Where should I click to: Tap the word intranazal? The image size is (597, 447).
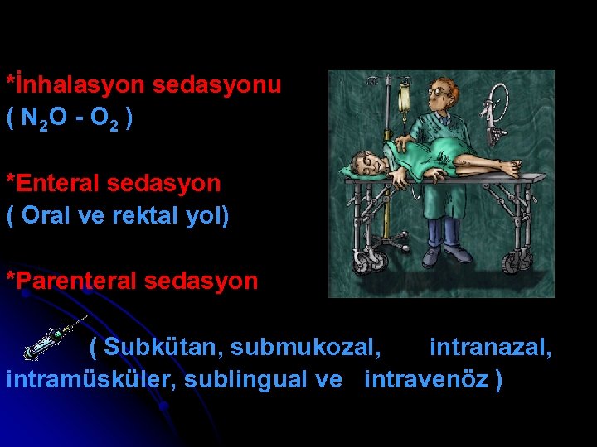point(489,346)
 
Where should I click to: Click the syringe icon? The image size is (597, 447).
point(53,337)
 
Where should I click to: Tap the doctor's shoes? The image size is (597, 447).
point(444,253)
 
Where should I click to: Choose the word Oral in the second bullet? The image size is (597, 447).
point(46,216)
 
